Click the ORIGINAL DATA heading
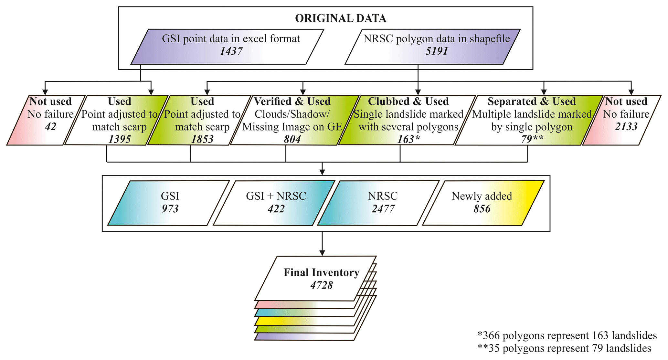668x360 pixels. tap(340, 18)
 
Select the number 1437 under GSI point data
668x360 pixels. tap(231, 51)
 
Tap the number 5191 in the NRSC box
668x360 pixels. tap(437, 51)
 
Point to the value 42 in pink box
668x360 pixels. tap(50, 127)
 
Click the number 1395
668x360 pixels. tap(120, 139)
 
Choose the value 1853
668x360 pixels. tap(202, 139)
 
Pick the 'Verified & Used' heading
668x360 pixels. tap(292, 101)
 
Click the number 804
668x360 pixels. tap(292, 139)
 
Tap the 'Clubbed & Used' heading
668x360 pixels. tap(408, 101)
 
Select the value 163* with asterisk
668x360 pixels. tap(408, 139)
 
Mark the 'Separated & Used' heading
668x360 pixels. tap(532, 101)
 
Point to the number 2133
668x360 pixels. tap(626, 127)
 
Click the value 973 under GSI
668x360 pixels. tap(170, 209)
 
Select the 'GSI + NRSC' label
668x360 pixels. tap(276, 196)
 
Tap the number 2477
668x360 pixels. tap(383, 209)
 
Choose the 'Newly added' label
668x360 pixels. tap(482, 196)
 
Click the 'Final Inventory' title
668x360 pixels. tap(321, 273)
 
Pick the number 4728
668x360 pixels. tap(321, 285)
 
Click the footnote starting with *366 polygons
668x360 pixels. tap(567, 335)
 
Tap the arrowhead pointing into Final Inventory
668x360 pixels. tap(322, 252)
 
